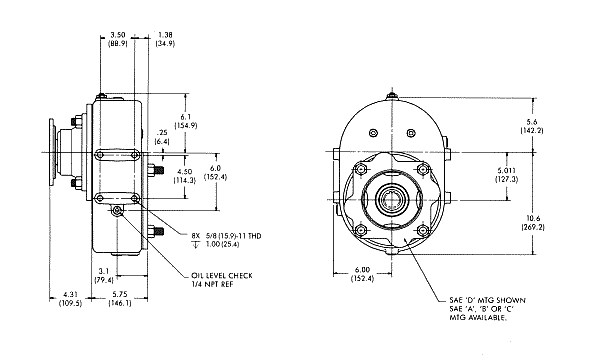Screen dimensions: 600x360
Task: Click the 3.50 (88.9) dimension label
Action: (x=117, y=39)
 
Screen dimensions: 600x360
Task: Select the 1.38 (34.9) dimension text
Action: (x=165, y=39)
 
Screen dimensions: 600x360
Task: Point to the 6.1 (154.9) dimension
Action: (x=186, y=121)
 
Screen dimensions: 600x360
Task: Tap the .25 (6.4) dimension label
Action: (x=162, y=137)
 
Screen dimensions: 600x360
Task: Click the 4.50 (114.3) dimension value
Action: (x=185, y=176)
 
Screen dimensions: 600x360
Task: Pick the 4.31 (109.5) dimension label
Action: (x=70, y=299)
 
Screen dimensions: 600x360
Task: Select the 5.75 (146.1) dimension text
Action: (x=120, y=299)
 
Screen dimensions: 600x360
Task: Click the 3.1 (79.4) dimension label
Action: (x=104, y=275)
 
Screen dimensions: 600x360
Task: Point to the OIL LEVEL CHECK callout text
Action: (x=222, y=275)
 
